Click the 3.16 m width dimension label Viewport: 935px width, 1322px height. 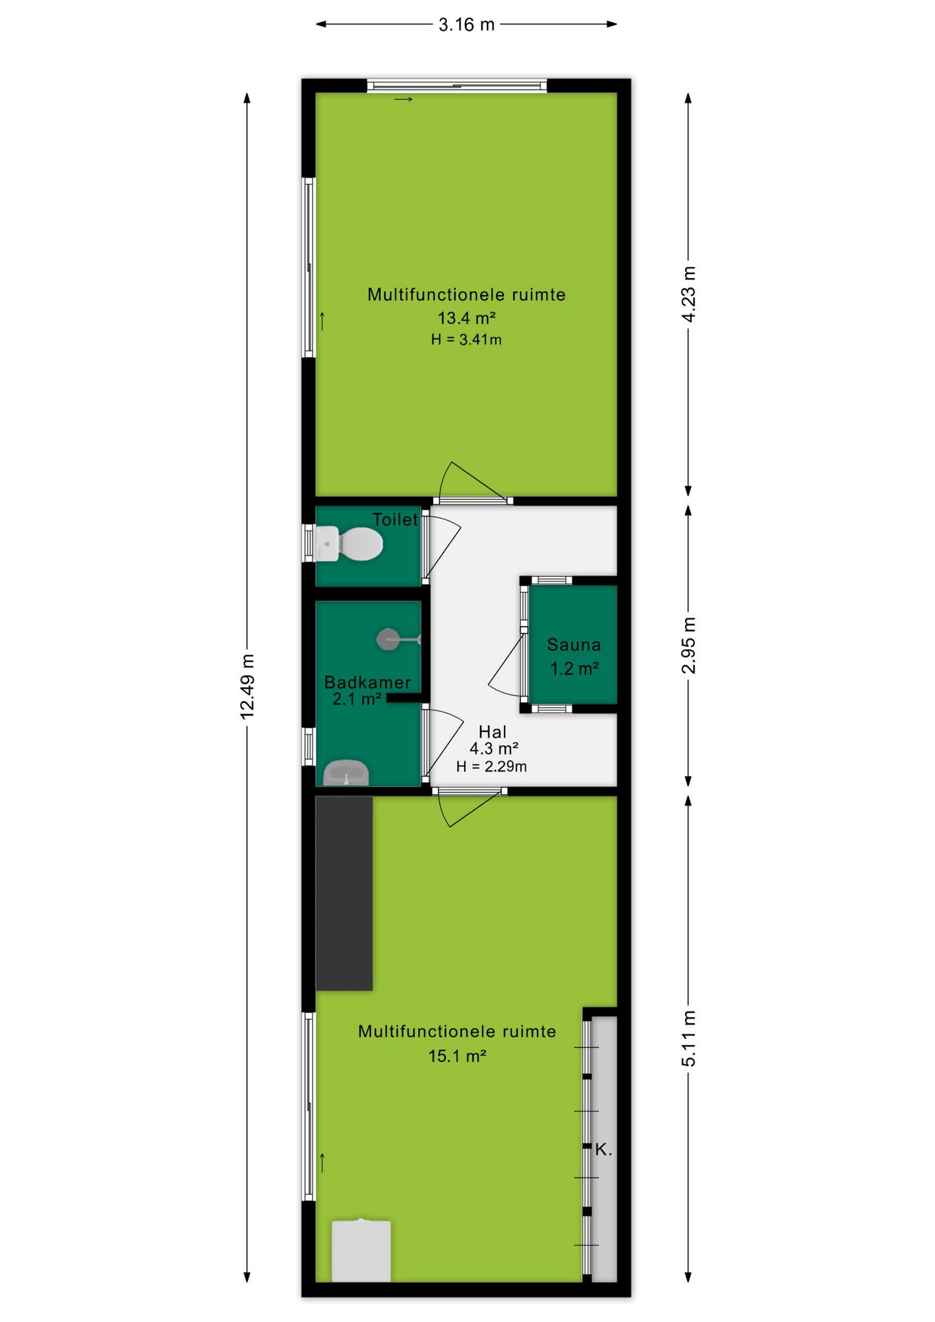click(x=467, y=25)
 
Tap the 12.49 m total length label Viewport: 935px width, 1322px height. click(x=247, y=686)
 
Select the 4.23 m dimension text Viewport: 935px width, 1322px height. click(x=689, y=294)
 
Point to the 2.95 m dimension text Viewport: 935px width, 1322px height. click(x=689, y=646)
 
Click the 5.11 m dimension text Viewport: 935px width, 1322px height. click(x=689, y=1038)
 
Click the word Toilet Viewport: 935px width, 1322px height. click(x=395, y=519)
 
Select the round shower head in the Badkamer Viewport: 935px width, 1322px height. click(x=388, y=639)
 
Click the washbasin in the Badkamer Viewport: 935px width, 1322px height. click(x=346, y=773)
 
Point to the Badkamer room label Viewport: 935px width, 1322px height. click(x=368, y=682)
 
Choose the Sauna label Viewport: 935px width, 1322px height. click(x=574, y=644)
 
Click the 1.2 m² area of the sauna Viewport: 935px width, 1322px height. click(x=574, y=668)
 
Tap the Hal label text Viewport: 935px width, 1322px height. click(x=492, y=731)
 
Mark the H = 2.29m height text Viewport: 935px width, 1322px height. click(x=492, y=766)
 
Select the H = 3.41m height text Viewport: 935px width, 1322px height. click(x=466, y=339)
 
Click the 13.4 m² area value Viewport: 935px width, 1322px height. click(x=467, y=317)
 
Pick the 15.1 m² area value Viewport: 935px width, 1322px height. click(x=457, y=1056)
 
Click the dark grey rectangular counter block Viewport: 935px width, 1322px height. click(x=344, y=893)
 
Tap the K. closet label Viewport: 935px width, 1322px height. click(x=603, y=1149)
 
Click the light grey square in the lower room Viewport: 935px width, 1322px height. click(x=361, y=1251)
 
